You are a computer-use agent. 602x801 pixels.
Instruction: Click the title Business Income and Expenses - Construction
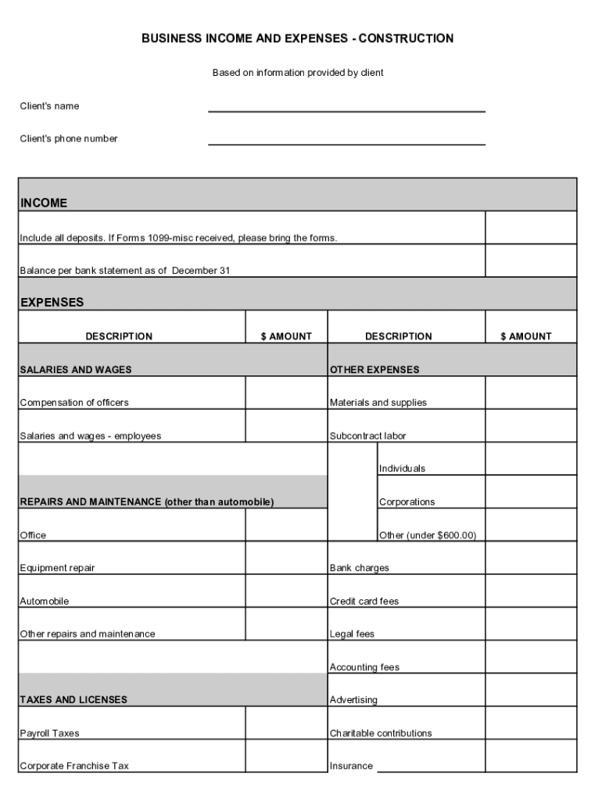point(297,38)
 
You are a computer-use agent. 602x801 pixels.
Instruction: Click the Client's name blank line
point(346,106)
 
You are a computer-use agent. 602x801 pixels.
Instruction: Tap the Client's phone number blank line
point(346,138)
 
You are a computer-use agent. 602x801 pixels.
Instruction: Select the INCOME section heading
point(44,203)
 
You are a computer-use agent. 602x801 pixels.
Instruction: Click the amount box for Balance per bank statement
point(531,260)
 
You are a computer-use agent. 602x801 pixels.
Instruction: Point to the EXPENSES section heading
point(52,302)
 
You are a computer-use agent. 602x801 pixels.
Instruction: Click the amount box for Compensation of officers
point(286,393)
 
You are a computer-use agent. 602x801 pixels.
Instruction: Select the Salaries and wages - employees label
point(91,436)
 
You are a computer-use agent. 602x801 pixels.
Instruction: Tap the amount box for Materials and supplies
point(531,393)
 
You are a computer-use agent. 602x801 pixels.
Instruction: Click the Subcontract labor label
point(368,436)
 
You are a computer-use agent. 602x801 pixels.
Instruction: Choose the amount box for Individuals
point(531,459)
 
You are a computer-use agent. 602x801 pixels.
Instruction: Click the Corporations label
point(407,502)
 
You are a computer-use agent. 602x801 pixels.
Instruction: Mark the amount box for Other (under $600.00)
point(531,525)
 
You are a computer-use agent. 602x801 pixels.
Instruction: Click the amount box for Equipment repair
point(286,558)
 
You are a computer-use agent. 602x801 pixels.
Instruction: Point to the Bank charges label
point(359,568)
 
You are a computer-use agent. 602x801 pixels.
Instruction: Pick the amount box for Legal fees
point(531,624)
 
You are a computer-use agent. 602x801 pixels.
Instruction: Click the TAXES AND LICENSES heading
point(73,700)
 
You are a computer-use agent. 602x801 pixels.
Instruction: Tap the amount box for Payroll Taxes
point(286,724)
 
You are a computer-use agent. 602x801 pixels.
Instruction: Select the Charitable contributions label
point(381,734)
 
